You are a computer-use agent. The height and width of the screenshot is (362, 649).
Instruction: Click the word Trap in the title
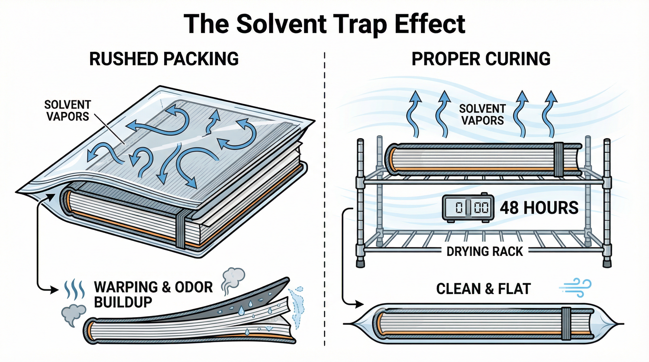(x=358, y=25)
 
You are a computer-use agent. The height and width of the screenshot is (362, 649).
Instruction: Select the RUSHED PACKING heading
(x=164, y=59)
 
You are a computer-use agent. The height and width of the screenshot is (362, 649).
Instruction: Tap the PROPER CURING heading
(x=481, y=59)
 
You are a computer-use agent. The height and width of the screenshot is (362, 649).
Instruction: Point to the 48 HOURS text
(x=539, y=208)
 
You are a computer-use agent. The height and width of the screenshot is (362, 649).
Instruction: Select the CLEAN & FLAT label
(x=483, y=289)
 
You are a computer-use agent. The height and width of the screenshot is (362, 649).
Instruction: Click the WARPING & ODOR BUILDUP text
(x=153, y=294)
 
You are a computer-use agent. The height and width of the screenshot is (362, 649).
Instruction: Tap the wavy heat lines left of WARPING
(x=75, y=289)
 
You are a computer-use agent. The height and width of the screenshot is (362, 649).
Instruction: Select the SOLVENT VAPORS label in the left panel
(x=67, y=111)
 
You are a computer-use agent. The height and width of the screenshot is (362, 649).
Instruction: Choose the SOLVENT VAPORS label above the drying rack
(x=482, y=115)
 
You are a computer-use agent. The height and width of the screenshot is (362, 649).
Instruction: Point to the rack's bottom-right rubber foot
(x=607, y=263)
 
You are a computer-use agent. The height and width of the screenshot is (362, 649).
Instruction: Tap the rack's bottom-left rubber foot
(x=360, y=263)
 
